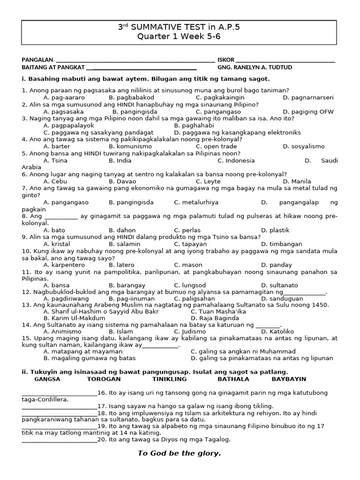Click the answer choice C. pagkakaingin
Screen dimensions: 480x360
coord(217,97)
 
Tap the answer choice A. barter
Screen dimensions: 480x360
coord(56,146)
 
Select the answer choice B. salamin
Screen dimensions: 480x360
coord(124,244)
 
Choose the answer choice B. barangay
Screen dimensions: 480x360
coord(126,285)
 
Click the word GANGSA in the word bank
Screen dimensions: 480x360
coord(47,379)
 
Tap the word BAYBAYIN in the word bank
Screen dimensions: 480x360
coord(289,379)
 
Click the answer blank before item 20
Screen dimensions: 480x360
coord(59,441)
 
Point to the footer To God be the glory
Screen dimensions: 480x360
coord(179,453)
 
